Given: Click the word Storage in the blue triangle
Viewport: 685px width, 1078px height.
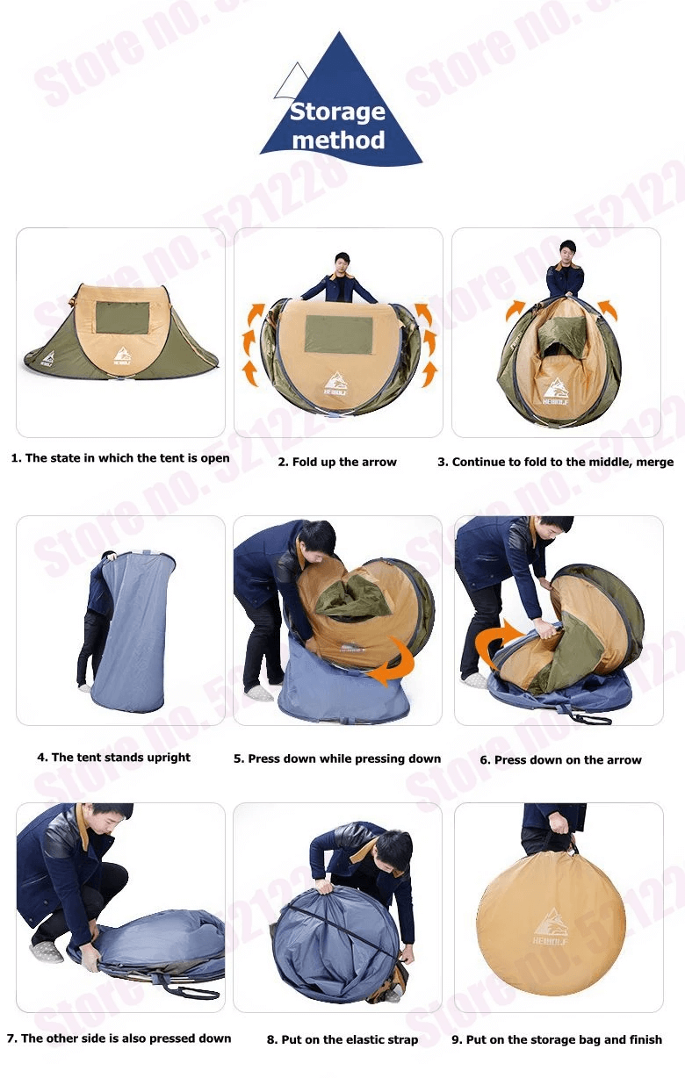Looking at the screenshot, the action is click(337, 112).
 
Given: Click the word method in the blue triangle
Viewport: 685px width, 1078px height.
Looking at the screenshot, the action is click(338, 140).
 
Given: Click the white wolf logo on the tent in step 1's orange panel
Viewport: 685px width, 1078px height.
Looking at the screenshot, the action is click(122, 356).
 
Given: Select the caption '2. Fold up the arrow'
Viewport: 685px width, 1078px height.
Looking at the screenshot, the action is click(337, 462).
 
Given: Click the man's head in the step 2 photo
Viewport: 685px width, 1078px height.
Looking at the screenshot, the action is click(342, 262).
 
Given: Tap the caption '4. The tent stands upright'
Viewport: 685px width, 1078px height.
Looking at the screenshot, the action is click(113, 757).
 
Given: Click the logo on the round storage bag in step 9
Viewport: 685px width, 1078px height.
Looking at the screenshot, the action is click(551, 927).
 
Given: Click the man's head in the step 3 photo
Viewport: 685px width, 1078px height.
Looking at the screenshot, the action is click(568, 251).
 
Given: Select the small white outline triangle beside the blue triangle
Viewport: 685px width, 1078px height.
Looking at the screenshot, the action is click(292, 80).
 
